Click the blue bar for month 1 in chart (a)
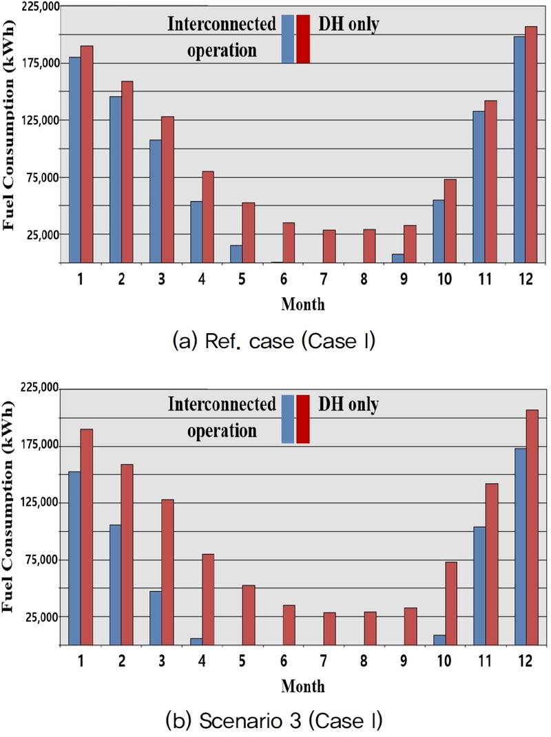click(74, 160)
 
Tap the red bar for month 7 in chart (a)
click(329, 246)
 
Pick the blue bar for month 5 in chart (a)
click(236, 254)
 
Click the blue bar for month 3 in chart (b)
click(156, 617)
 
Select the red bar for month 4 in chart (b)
click(208, 599)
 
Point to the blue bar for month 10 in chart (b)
click(439, 639)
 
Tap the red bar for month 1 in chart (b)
click(86, 537)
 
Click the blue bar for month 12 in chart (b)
click(519, 546)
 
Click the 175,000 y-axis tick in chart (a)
click(39, 63)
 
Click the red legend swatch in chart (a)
click(303, 39)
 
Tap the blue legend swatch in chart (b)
click(288, 419)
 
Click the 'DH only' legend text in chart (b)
click(349, 405)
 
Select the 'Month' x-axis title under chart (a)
click(302, 303)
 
